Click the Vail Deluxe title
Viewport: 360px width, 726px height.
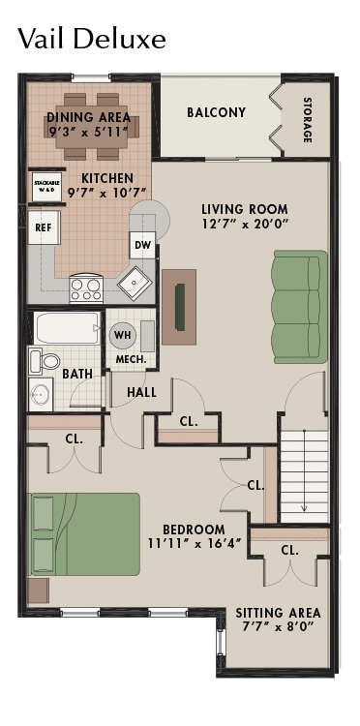(92, 38)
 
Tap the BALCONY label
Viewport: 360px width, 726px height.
(216, 112)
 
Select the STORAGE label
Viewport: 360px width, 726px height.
(307, 119)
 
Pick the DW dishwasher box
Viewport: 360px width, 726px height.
(141, 245)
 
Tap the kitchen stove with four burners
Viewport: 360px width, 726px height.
(86, 287)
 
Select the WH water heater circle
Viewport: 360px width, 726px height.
(123, 335)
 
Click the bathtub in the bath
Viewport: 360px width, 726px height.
(68, 328)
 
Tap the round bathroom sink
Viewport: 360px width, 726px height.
(41, 395)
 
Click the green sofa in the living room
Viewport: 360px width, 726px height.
(299, 303)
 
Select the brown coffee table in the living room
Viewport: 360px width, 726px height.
(179, 306)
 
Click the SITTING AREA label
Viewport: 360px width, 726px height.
(278, 613)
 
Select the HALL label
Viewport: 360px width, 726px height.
(142, 392)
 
